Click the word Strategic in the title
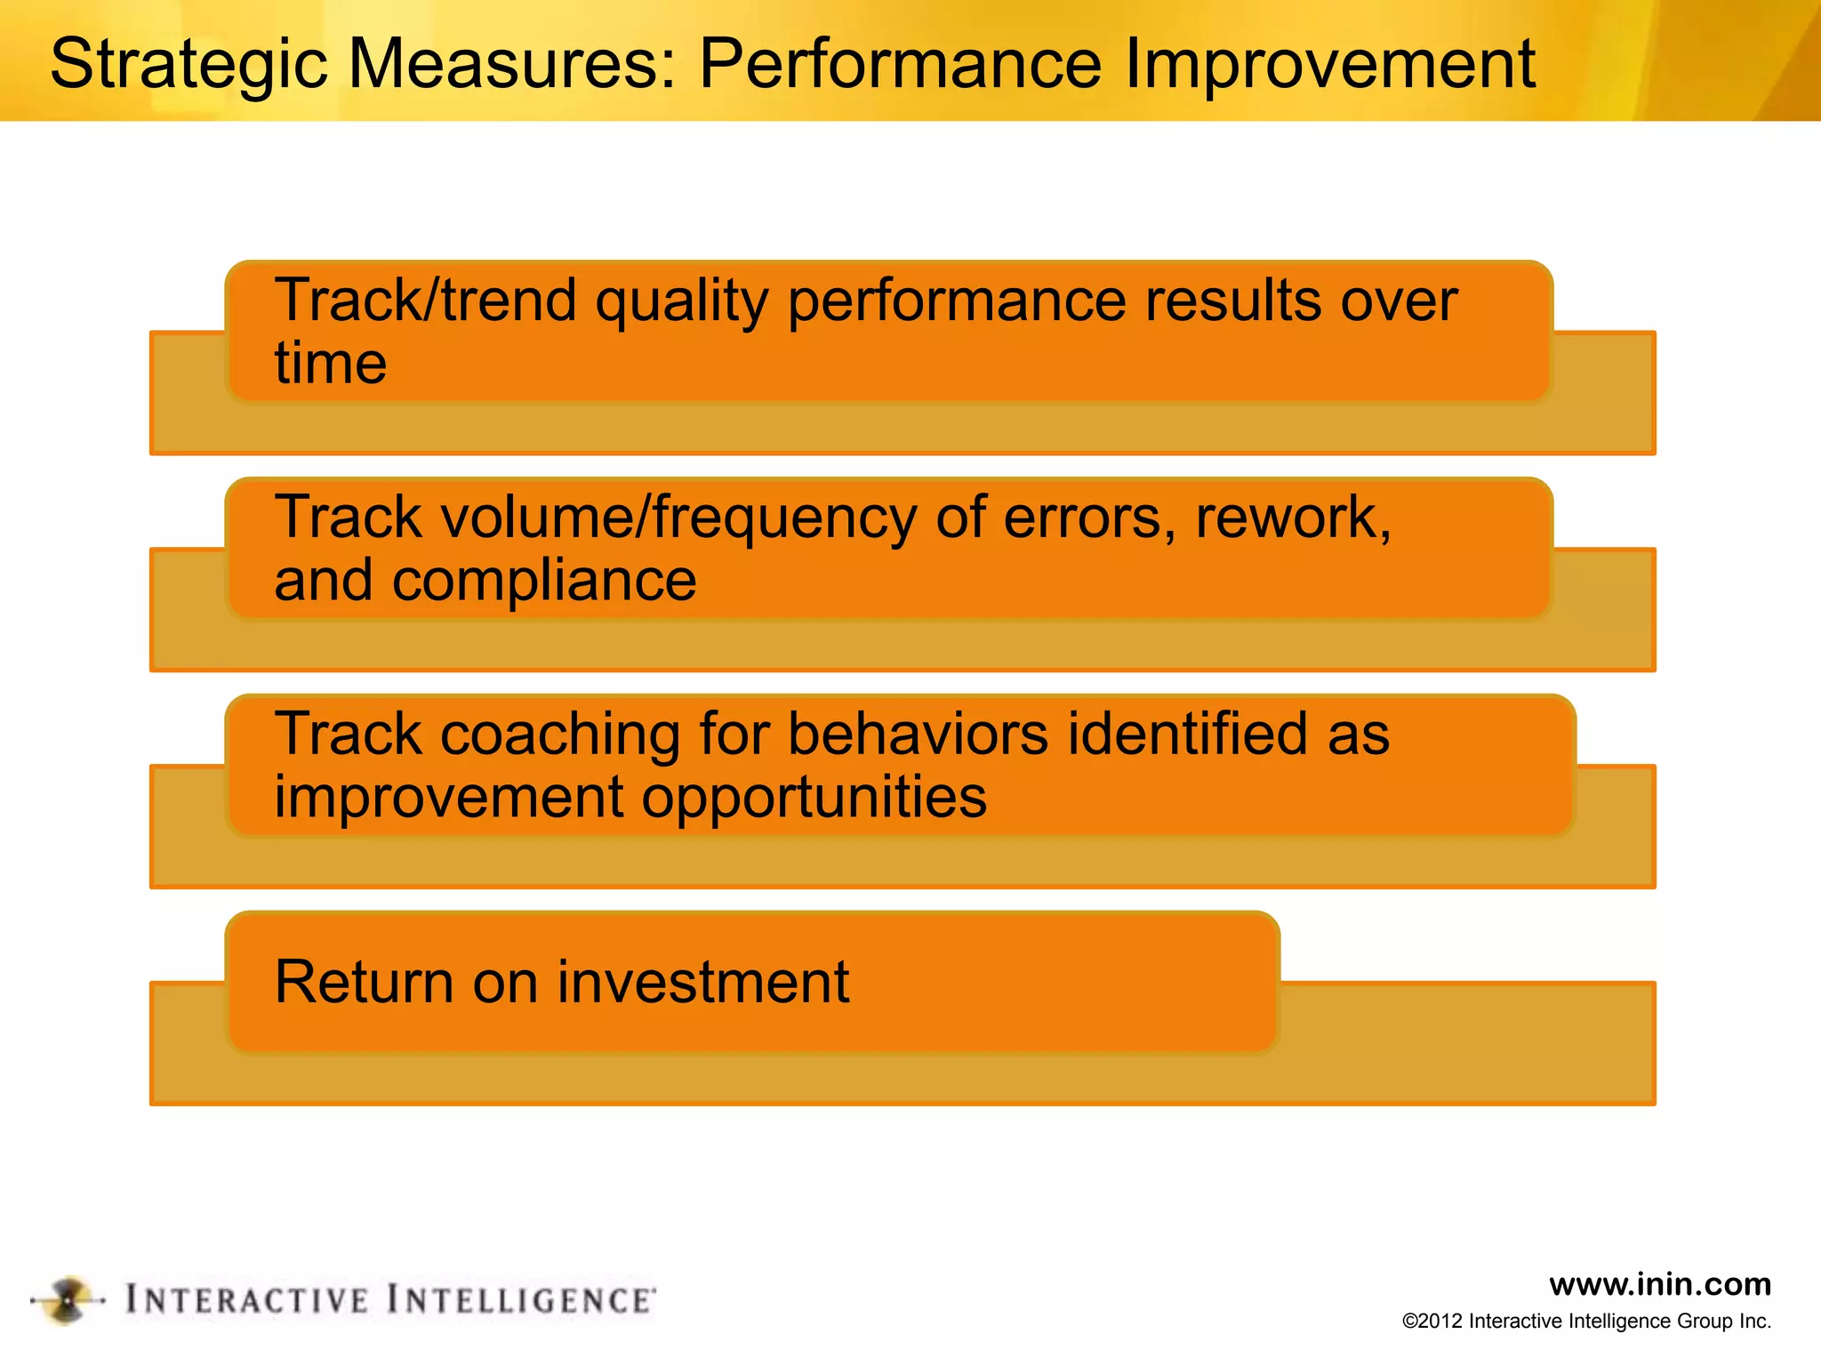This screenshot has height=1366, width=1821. (189, 64)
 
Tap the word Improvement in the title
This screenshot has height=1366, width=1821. (1329, 64)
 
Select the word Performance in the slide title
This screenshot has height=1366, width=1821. (900, 64)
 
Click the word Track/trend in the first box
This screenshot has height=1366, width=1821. (425, 301)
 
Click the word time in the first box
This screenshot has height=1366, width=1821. (330, 363)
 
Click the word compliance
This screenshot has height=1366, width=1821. (544, 580)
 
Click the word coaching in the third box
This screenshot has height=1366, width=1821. (560, 735)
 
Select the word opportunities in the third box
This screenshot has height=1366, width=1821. (814, 797)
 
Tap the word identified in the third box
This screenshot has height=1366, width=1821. (1187, 735)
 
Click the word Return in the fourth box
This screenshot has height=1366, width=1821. (365, 982)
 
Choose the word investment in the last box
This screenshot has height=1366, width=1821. (702, 982)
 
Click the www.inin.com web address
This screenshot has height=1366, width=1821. (1659, 1284)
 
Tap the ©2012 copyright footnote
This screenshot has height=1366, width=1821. (1586, 1322)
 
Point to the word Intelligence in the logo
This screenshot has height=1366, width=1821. (521, 1300)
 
